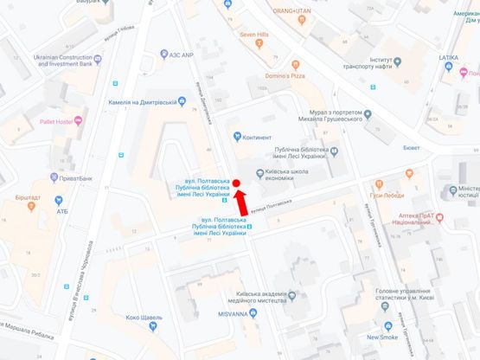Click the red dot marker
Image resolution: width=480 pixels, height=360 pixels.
[235, 183]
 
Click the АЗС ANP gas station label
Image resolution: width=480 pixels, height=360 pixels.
[176, 52]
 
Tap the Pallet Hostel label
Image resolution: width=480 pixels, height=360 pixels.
[36, 123]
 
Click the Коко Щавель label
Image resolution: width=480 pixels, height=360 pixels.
[137, 318]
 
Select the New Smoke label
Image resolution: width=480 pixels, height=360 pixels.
[381, 336]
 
